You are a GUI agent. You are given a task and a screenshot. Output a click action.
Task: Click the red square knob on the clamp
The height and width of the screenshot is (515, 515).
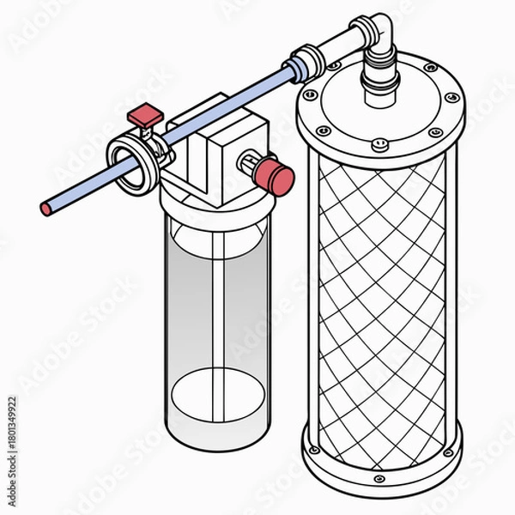143,113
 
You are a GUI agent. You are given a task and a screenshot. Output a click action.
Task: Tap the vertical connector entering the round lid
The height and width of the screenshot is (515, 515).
378,77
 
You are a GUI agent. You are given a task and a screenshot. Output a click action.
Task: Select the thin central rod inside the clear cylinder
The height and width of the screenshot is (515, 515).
221,318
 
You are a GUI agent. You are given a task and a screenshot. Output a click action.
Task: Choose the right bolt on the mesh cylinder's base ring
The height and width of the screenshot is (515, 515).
448,451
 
